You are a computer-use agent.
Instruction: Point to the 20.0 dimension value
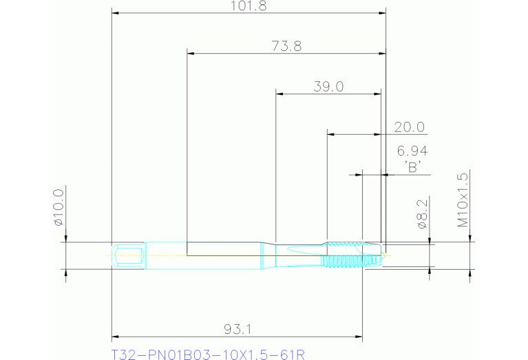pos(410,127)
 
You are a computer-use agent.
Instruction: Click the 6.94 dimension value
pos(413,151)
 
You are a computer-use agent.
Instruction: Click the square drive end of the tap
pos(129,255)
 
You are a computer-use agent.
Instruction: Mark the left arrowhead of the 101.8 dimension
pos(116,12)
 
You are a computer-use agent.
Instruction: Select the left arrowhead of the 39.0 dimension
pos(279,93)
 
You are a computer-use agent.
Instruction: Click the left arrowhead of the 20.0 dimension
pos(331,134)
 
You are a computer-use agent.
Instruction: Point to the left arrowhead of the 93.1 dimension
pos(116,337)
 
